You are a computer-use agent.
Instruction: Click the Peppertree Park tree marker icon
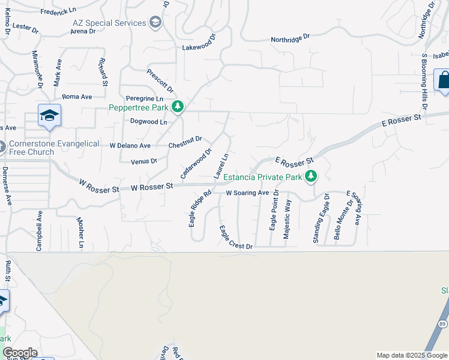[x=177, y=107]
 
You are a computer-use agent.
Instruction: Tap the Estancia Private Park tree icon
[x=311, y=176]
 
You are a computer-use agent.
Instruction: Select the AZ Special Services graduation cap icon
[x=155, y=23]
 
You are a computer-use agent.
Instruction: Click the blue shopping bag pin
[x=443, y=81]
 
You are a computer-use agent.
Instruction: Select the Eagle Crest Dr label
[x=236, y=237]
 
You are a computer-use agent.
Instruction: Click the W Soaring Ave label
[x=247, y=193]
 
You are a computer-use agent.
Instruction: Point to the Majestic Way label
[x=287, y=220]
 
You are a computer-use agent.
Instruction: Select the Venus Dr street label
[x=145, y=161]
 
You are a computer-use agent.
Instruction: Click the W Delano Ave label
[x=130, y=145]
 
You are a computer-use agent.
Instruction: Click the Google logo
[x=20, y=353]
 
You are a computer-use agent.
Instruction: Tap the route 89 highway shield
[x=442, y=324]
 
